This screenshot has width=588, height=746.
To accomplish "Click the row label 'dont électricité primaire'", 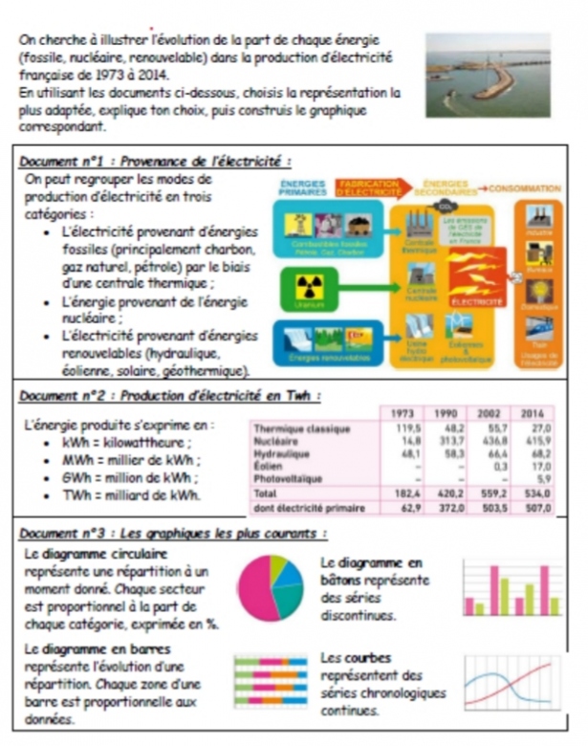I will click(298, 509).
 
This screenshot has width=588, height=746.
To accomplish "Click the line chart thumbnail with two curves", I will click(512, 683).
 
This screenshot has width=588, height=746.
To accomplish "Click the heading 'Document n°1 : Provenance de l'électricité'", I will click(155, 162).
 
